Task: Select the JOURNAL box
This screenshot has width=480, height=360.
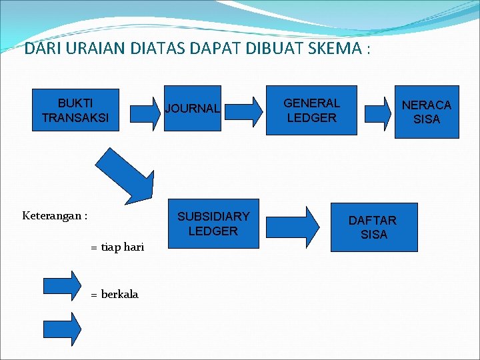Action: tap(192, 109)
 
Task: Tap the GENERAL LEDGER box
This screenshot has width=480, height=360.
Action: tap(311, 111)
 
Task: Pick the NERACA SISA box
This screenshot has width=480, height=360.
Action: tap(426, 112)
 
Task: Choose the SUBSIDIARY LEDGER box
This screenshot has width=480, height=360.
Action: tap(213, 224)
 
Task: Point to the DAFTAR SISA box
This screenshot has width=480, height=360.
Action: tap(373, 227)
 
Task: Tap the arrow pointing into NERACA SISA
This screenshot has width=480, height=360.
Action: tap(379, 111)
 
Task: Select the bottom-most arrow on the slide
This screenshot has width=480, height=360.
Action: tap(62, 328)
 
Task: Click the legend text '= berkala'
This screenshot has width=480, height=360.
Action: tap(115, 294)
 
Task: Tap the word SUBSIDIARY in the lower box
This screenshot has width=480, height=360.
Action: tap(213, 217)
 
